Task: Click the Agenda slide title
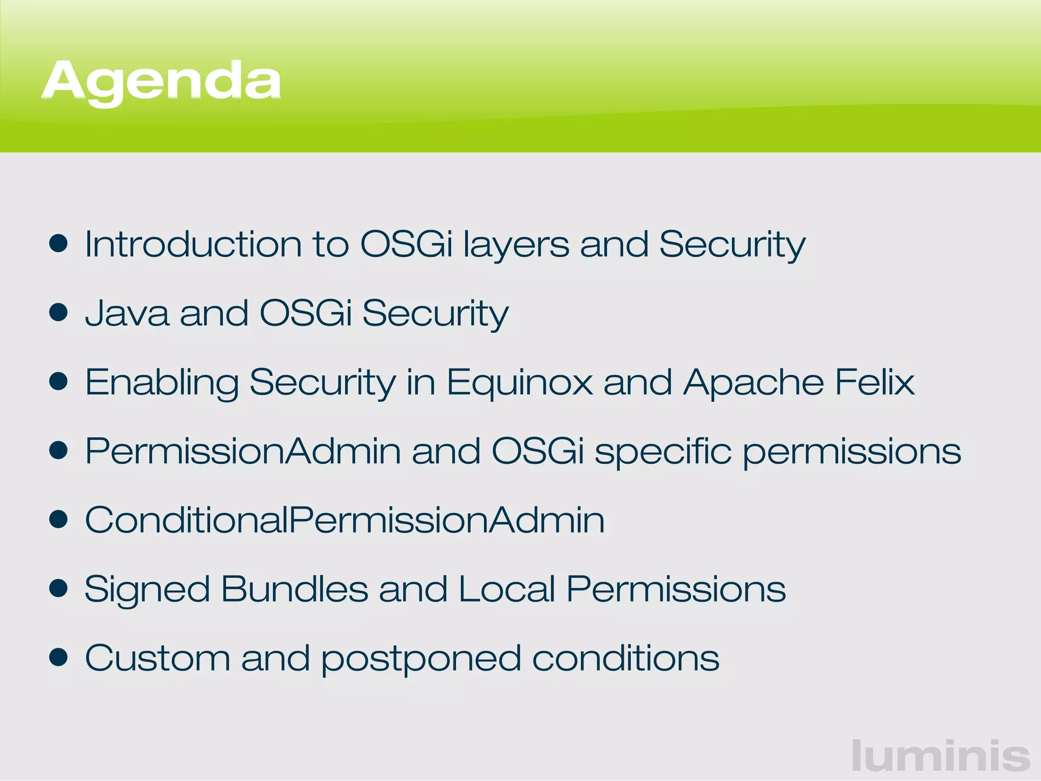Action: click(161, 81)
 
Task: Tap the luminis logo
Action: click(941, 756)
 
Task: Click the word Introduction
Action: click(193, 244)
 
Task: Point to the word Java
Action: click(127, 313)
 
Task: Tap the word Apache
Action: click(753, 382)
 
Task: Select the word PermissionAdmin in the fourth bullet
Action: click(243, 451)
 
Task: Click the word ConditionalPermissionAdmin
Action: click(345, 520)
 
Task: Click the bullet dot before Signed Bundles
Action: click(59, 588)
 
